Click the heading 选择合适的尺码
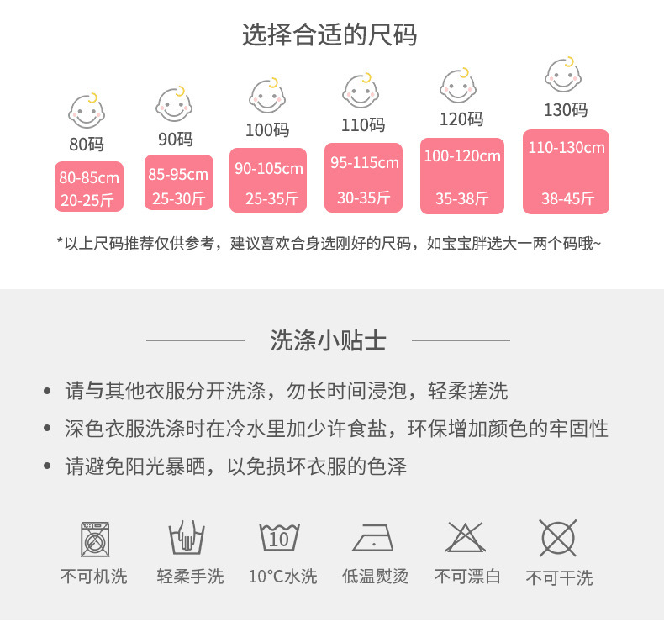coord(329,35)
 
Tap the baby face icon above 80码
coord(85,109)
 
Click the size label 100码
coord(267,130)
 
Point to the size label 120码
coord(461,119)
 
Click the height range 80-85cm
coord(89,177)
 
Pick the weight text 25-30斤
coord(178,199)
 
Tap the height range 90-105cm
coord(269,169)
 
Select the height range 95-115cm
coord(364,162)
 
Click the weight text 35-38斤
coord(461,199)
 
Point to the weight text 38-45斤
coord(567,199)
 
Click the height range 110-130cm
coord(567,148)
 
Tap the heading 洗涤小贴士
coord(329,340)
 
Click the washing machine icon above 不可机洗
coord(94,538)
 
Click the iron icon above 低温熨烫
coord(374,537)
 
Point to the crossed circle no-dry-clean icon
coord(557,537)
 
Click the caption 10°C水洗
coord(282,577)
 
